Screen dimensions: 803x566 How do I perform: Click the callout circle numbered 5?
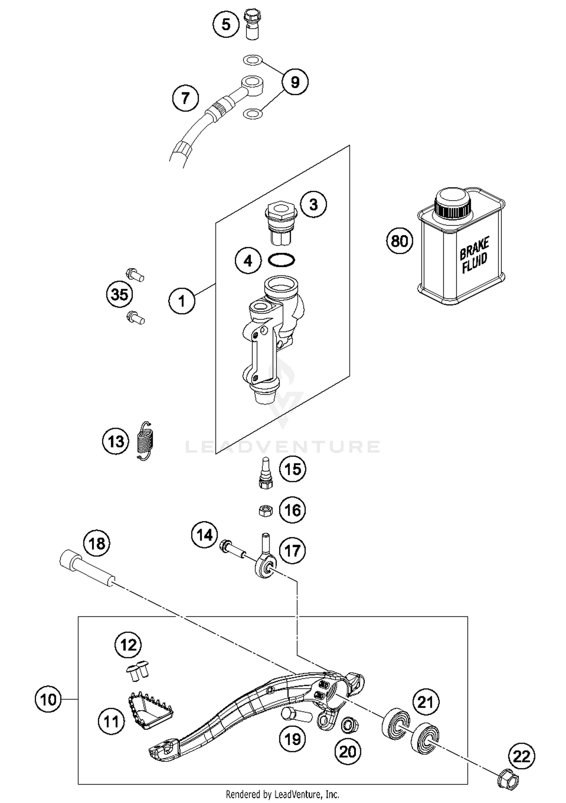point(226,25)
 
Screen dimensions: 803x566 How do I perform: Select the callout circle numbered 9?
point(295,82)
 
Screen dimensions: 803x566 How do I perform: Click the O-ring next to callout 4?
point(281,260)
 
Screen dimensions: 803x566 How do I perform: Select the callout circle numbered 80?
point(400,241)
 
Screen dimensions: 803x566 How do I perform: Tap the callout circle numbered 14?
point(204,535)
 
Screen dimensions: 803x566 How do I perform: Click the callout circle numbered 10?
point(48,700)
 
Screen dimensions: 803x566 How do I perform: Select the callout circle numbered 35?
point(119,294)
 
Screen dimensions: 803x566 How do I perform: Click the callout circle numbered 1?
point(182,301)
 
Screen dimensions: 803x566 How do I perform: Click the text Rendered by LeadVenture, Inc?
point(282,794)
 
